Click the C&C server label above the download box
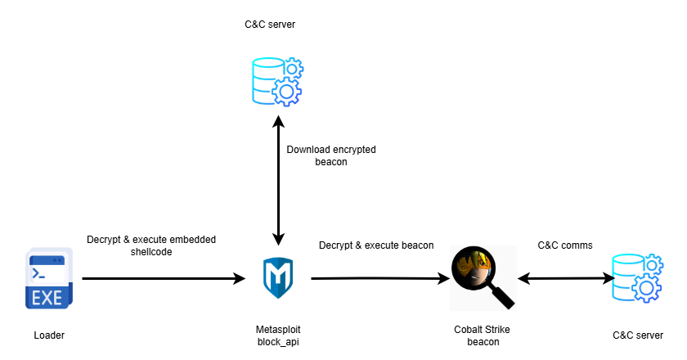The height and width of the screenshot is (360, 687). (270, 25)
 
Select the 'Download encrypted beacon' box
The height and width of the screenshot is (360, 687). (331, 155)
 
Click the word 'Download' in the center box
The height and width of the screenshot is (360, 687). (309, 150)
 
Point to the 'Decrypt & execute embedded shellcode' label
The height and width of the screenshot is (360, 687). (151, 245)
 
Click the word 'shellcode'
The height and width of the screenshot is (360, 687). (152, 252)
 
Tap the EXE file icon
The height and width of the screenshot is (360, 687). (47, 278)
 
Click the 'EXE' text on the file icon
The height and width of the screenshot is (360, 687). (47, 298)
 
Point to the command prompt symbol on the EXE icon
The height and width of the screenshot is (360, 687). (38, 272)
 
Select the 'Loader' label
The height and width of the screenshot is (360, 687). (49, 335)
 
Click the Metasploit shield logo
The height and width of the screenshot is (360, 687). (278, 278)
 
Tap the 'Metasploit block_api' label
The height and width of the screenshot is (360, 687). (278, 335)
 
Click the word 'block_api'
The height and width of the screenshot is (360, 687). (278, 341)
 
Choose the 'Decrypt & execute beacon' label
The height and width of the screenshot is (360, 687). (376, 245)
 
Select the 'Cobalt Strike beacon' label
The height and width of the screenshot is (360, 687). (483, 335)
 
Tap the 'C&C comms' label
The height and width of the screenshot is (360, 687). (565, 245)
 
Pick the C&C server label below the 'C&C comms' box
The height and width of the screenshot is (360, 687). (638, 335)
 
